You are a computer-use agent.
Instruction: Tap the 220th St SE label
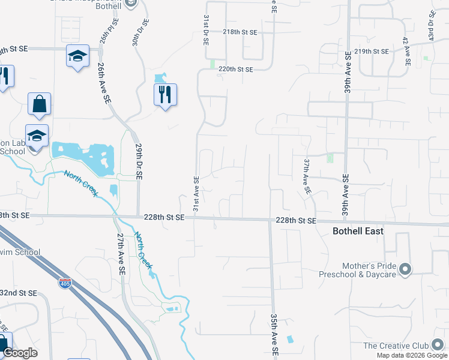pyautogui.click(x=236, y=69)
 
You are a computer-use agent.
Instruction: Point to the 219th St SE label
pyautogui.click(x=372, y=52)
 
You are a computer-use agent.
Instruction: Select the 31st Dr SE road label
pyautogui.click(x=205, y=31)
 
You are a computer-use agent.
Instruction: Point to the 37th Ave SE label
pyautogui.click(x=306, y=176)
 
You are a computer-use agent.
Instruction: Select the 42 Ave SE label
pyautogui.click(x=407, y=51)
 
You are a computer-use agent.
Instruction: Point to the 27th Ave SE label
pyautogui.click(x=121, y=256)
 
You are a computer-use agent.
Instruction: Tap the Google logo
pyautogui.click(x=20, y=353)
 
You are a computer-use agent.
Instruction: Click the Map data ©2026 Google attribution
pyautogui.click(x=411, y=355)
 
